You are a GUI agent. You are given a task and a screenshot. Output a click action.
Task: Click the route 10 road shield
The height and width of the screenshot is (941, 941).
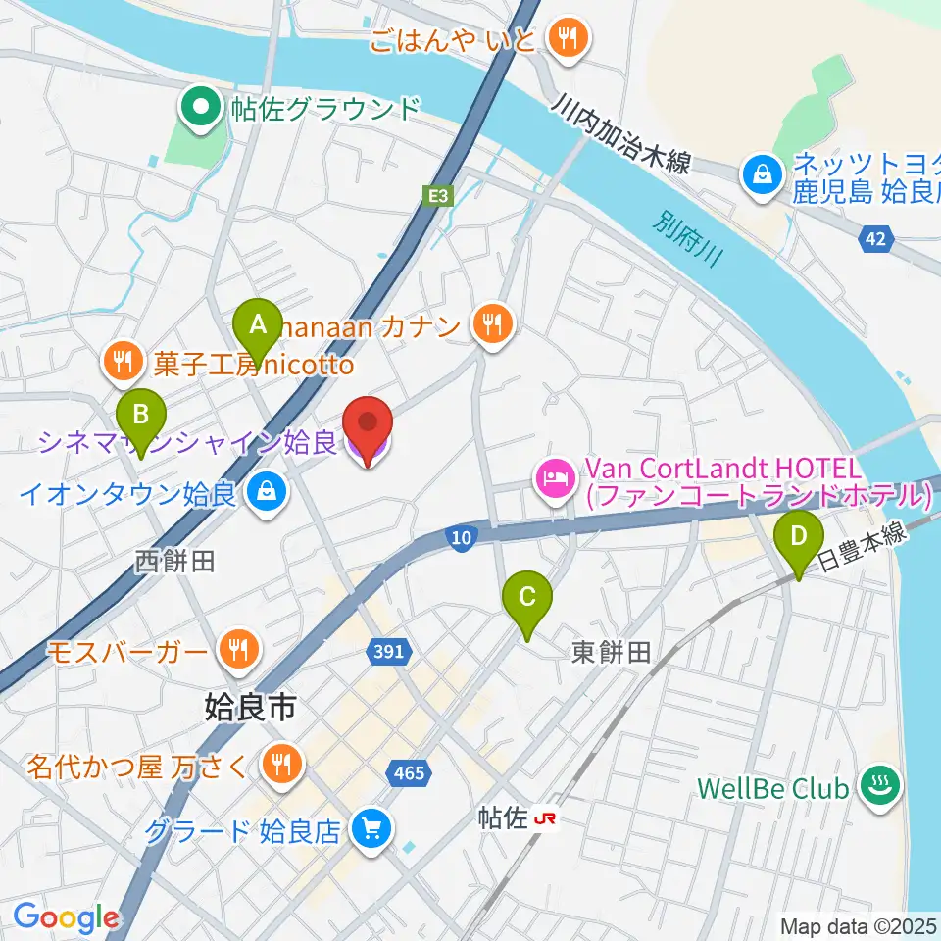463,536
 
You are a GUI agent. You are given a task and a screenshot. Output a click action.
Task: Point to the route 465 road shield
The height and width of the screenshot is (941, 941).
408,773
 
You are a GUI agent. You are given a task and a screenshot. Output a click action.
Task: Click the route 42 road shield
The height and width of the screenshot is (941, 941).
876,239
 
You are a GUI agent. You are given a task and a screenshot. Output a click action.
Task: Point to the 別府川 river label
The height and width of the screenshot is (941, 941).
690,238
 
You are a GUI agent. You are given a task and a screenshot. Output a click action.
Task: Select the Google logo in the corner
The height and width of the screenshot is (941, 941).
66,917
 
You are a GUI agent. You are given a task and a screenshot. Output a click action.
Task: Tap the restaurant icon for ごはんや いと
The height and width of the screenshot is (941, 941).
568,40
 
